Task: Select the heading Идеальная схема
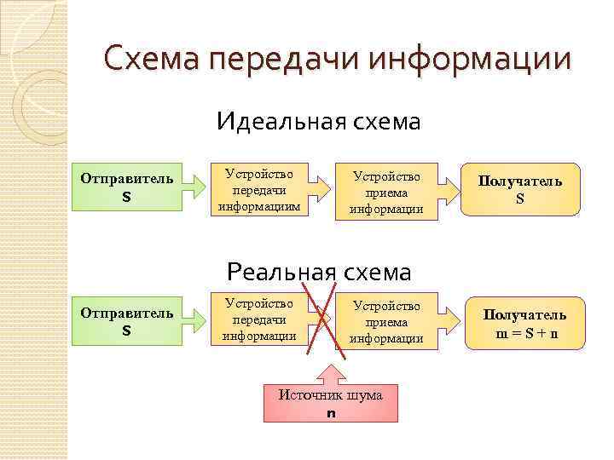pyautogui.click(x=318, y=122)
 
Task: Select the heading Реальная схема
pyautogui.click(x=318, y=272)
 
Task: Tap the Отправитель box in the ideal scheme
pyautogui.click(x=126, y=187)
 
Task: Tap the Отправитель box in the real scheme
pyautogui.click(x=126, y=322)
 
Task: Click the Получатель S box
pyautogui.click(x=519, y=189)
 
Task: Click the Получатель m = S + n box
pyautogui.click(x=524, y=324)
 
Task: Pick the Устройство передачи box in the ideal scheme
pyautogui.click(x=260, y=188)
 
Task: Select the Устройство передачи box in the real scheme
pyautogui.click(x=259, y=319)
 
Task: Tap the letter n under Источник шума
pyautogui.click(x=331, y=413)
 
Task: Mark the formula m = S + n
pyautogui.click(x=524, y=332)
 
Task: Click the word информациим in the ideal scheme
pyautogui.click(x=260, y=206)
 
